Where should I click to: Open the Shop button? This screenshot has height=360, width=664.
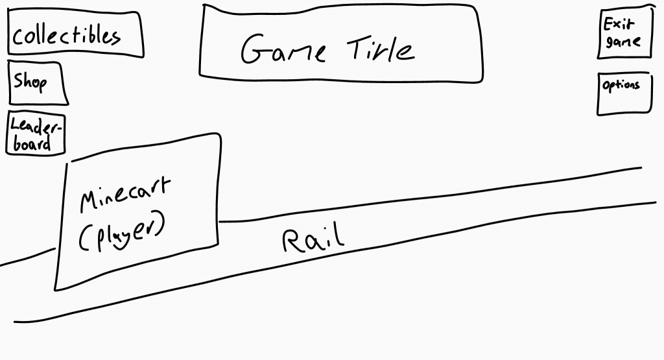click(x=38, y=83)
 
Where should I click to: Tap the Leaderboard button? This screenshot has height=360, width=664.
click(x=36, y=134)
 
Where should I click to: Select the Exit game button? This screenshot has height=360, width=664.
click(x=623, y=34)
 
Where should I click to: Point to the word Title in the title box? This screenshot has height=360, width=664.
click(x=381, y=49)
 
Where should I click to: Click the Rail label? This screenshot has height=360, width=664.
click(x=313, y=239)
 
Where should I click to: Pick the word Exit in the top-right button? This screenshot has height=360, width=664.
click(x=619, y=25)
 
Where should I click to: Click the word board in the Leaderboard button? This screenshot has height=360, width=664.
click(x=31, y=143)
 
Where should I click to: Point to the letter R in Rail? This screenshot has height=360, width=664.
click(x=291, y=241)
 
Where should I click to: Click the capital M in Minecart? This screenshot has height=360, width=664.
click(x=89, y=201)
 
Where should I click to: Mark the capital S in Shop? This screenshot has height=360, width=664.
click(x=19, y=82)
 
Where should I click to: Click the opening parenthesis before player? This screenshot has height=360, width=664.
click(x=83, y=241)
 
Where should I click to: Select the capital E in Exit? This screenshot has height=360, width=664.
click(x=608, y=25)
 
